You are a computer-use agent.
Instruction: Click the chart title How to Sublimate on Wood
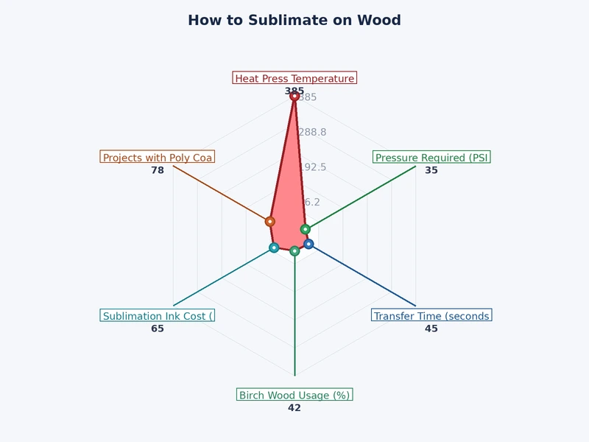(x=294, y=21)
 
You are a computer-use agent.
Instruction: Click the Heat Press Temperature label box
(x=294, y=78)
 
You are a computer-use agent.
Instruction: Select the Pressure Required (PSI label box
(x=431, y=157)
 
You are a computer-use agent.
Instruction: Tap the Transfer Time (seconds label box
(x=431, y=316)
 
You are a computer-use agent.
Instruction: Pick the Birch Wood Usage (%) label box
(x=294, y=395)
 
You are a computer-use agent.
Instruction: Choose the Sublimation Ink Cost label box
(x=158, y=316)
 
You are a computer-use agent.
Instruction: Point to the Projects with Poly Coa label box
(x=158, y=157)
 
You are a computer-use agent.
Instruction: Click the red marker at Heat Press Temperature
(x=294, y=97)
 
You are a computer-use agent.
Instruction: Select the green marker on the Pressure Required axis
(x=306, y=230)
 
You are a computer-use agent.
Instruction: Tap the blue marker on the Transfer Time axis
(x=308, y=244)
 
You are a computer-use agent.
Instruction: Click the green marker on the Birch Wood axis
(x=294, y=251)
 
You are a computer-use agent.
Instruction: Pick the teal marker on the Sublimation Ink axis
(x=274, y=248)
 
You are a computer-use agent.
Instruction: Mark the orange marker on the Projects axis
(x=270, y=222)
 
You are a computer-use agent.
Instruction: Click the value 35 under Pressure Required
(x=431, y=170)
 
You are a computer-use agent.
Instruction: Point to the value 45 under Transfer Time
(x=431, y=329)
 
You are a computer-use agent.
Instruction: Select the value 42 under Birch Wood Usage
(x=294, y=407)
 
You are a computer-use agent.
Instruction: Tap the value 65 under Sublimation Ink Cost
(x=158, y=329)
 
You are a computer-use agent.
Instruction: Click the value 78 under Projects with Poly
(x=158, y=170)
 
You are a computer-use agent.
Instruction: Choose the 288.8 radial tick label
(x=312, y=133)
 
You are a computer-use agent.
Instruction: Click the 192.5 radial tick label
(x=312, y=167)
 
